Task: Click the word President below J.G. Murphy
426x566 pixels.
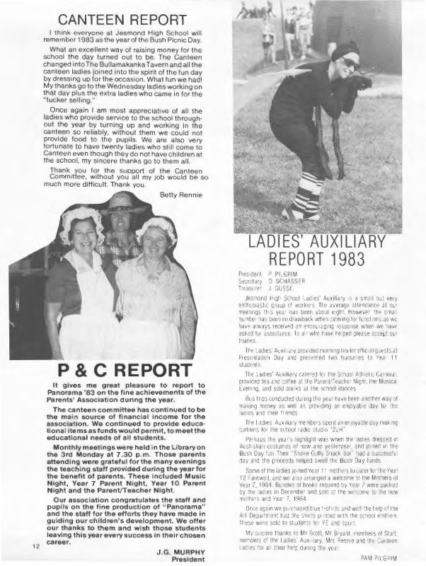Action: pos(178,553)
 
